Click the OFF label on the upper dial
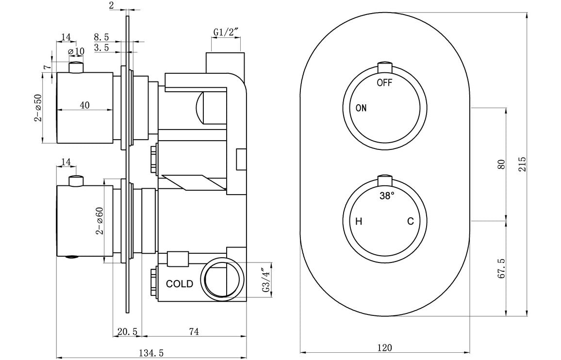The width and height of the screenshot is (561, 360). [384, 82]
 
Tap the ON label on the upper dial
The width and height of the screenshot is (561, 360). [361, 108]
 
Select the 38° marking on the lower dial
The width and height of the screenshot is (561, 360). [386, 196]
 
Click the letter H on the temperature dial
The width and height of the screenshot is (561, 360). [359, 222]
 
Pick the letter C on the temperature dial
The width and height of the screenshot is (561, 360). [410, 222]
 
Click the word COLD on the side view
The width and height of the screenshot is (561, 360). [180, 284]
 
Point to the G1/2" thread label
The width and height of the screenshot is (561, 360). [226, 33]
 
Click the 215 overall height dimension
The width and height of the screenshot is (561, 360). [522, 164]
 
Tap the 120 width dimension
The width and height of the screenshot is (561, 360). [384, 347]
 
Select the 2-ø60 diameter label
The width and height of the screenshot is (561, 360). [100, 221]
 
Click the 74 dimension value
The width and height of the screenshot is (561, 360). [194, 332]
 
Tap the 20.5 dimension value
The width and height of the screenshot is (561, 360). [128, 332]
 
